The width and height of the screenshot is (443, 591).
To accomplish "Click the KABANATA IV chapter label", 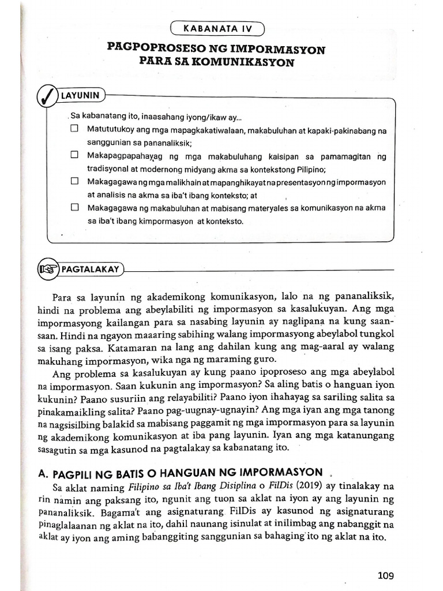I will coord(217,28).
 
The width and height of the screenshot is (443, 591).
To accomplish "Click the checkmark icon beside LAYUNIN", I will coord(46,95).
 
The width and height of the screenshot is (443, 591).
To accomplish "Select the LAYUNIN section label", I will coord(80,95).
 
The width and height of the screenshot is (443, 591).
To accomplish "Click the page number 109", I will coord(385,575).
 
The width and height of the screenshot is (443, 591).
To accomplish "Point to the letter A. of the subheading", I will coord(43,473).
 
